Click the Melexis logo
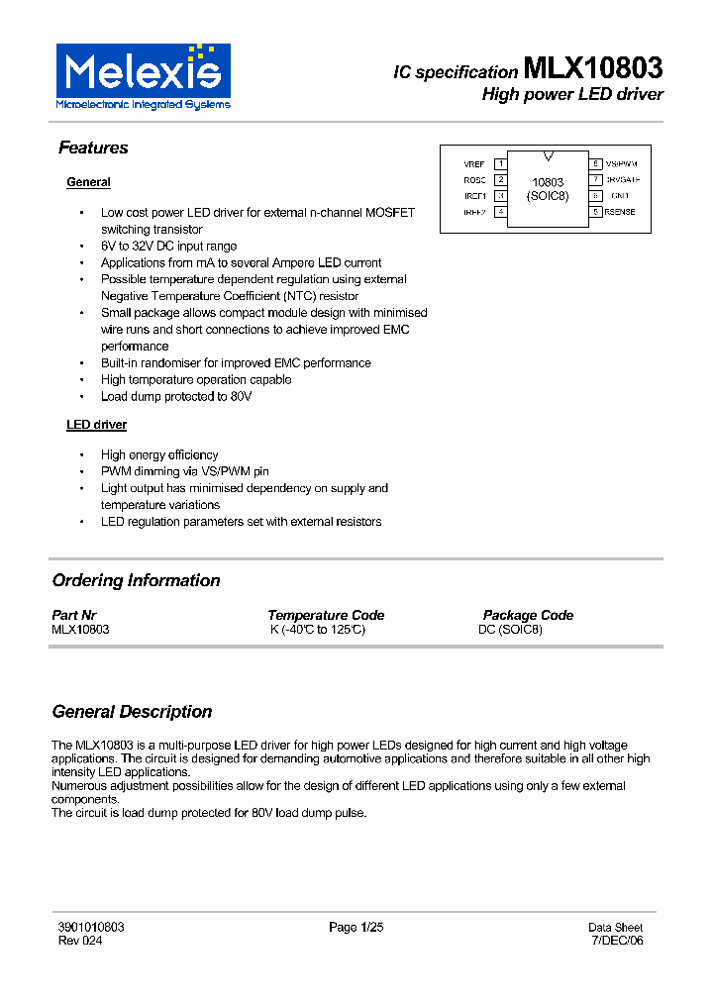click(143, 76)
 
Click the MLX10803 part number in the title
click(592, 69)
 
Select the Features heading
click(93, 148)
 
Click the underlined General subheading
click(88, 182)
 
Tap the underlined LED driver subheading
click(96, 425)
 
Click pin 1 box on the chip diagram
click(501, 164)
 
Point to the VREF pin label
click(474, 164)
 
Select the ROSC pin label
click(474, 180)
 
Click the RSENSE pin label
click(621, 212)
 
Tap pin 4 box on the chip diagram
click(501, 212)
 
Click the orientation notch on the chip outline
click(548, 155)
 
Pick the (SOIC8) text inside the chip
click(548, 196)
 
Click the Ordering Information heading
click(136, 580)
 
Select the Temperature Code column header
click(326, 615)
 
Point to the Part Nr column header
click(74, 615)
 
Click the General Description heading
click(132, 712)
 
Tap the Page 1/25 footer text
click(356, 928)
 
